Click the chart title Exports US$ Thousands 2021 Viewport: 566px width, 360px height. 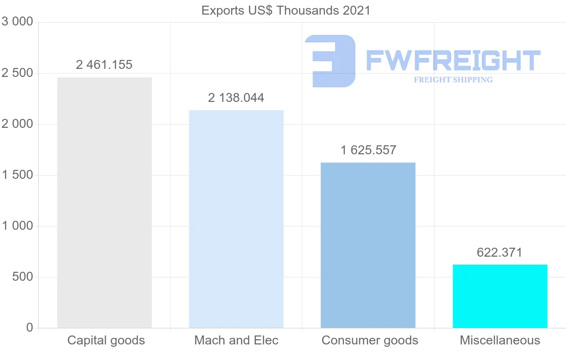pos(286,10)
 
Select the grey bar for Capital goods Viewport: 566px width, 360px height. pos(104,202)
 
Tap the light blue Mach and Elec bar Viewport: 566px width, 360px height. pos(236,219)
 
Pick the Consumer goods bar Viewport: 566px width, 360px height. pos(368,245)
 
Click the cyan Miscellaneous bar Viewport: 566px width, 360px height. pos(500,296)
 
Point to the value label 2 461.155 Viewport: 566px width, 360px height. pos(104,65)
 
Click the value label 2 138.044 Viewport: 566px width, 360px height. pos(236,98)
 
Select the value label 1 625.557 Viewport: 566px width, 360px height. pos(368,150)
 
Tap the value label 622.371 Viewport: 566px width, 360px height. pos(499,252)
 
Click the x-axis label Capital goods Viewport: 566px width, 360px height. pos(106,340)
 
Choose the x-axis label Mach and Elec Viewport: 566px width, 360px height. pos(236,340)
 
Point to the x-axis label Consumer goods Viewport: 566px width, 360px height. pos(370,340)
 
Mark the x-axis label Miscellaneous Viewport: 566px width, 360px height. pos(500,340)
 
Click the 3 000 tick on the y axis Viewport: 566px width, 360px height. pos(17,22)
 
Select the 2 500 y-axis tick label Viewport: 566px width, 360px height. pos(17,73)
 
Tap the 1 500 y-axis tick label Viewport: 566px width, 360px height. pos(17,175)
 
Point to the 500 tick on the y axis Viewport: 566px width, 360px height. pos(22,277)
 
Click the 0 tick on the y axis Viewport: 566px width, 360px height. pos(29,328)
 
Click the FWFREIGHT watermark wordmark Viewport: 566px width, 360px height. pos(453,60)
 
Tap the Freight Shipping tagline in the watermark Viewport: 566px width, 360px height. pos(453,80)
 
